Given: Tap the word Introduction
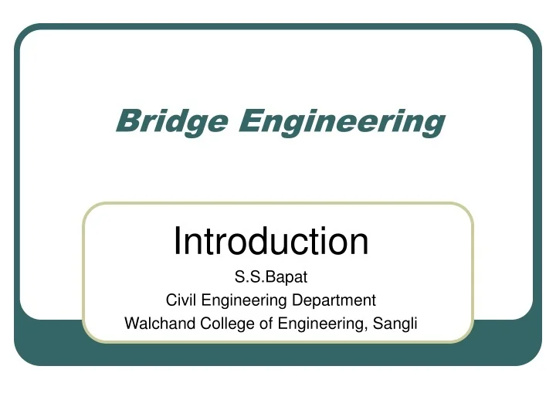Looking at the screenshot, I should tap(270, 241).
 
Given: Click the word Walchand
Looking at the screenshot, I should tap(154, 324).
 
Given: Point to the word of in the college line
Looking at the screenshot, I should tap(264, 324).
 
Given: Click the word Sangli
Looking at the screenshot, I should tap(397, 324).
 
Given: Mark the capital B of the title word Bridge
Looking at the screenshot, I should tap(124, 120).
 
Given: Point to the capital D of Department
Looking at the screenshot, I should tap(306, 300).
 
